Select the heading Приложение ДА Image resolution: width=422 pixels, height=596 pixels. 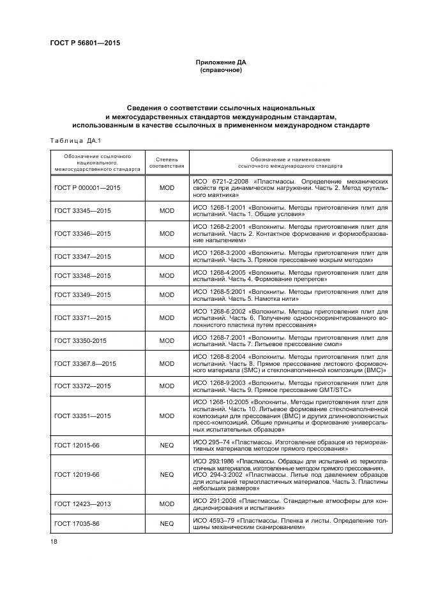(x=220, y=62)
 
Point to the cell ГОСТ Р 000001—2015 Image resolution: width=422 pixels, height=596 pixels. (x=87, y=189)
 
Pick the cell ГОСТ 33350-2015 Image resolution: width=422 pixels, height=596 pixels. (x=80, y=340)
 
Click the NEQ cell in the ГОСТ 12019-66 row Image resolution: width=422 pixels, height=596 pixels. (x=166, y=474)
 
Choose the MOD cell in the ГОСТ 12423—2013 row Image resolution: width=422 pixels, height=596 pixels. (x=166, y=504)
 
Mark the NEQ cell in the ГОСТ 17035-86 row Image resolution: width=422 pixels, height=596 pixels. (x=166, y=524)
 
